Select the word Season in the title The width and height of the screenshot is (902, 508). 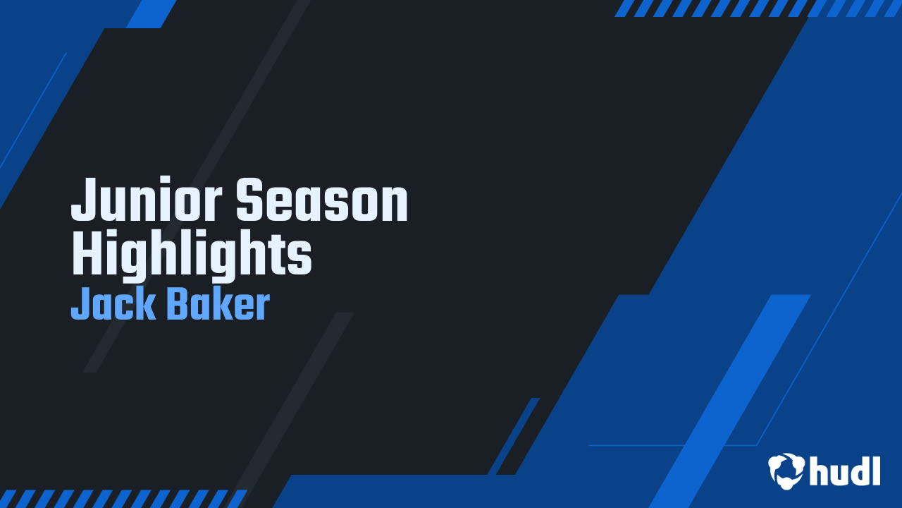[322, 201]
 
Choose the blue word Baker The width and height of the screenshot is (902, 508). [218, 305]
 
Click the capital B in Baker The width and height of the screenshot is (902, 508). [178, 305]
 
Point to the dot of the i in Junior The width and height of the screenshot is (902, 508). [166, 183]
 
